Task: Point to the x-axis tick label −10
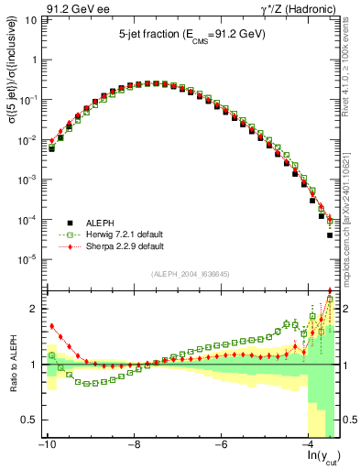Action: pos(46,446)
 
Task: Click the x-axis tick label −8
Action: pos(134,446)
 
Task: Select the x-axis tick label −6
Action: pos(221,446)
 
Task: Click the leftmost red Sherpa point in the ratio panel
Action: pos(52,325)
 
